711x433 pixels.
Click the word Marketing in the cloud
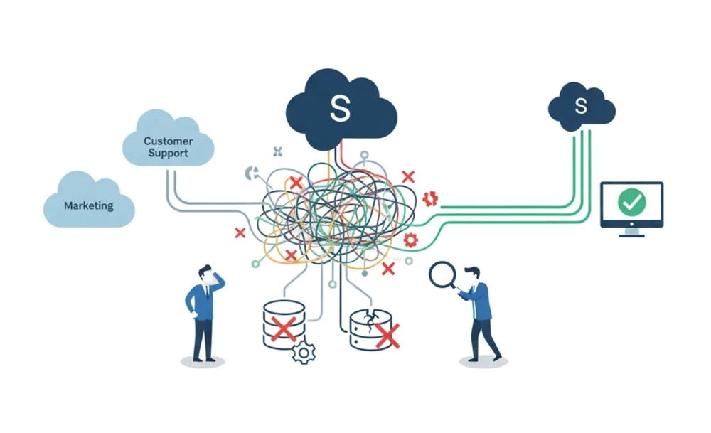pyautogui.click(x=88, y=205)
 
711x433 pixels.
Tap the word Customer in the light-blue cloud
pyautogui.click(x=168, y=141)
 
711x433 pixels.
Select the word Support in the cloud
pyautogui.click(x=168, y=153)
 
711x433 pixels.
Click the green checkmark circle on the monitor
pyautogui.click(x=631, y=202)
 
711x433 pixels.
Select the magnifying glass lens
pyautogui.click(x=442, y=274)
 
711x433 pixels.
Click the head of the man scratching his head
pyautogui.click(x=206, y=272)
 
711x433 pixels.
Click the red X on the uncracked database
pyautogui.click(x=284, y=328)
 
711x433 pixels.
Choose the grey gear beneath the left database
pyautogui.click(x=304, y=353)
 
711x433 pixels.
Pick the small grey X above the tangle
pyautogui.click(x=278, y=151)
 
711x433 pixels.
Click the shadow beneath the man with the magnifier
pyautogui.click(x=483, y=362)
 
